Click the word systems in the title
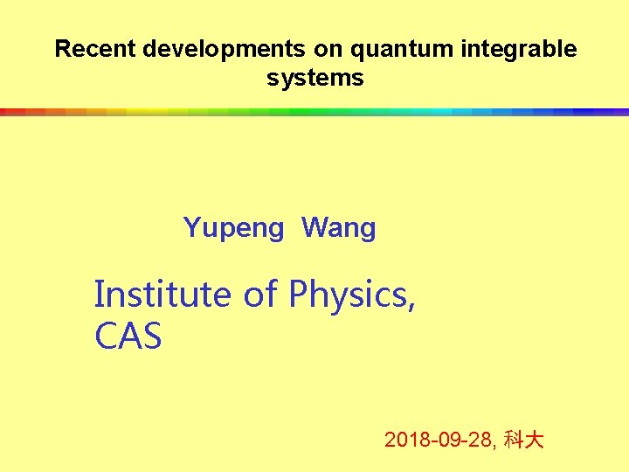(314, 79)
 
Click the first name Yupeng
(233, 229)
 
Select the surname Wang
(338, 229)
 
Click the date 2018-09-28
(439, 440)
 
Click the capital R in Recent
(62, 50)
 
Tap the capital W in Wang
(314, 229)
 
